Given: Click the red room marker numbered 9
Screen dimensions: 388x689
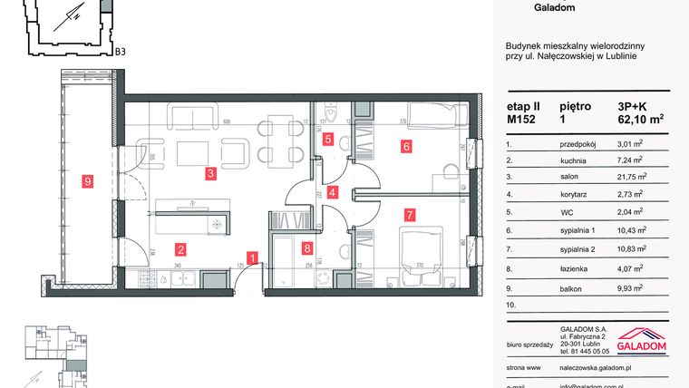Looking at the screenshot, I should [x=87, y=181].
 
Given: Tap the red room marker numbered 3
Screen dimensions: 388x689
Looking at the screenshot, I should [x=209, y=173].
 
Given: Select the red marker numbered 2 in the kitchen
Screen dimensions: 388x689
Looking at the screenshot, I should [x=181, y=249].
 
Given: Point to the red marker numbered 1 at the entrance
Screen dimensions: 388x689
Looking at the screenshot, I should [x=253, y=257].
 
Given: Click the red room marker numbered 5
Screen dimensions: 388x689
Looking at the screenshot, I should [x=328, y=140].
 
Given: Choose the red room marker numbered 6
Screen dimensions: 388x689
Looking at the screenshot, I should [x=408, y=146].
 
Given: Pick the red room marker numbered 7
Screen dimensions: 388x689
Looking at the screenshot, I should [x=410, y=215].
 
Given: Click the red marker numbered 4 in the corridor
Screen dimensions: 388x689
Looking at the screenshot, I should [x=333, y=192].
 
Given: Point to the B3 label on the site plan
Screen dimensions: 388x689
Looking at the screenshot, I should [x=120, y=52].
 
